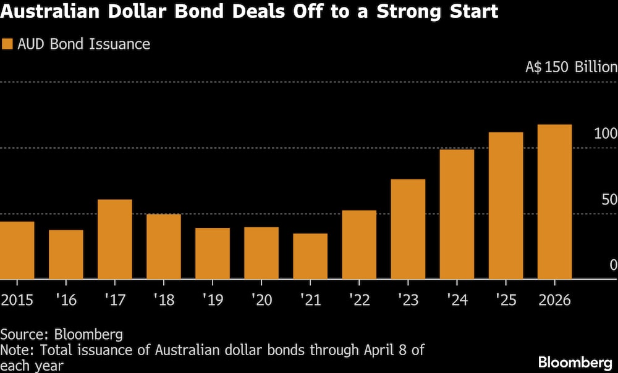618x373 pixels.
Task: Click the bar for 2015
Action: tap(17, 250)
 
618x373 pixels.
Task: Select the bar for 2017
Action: tap(115, 239)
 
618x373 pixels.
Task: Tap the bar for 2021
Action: tap(310, 256)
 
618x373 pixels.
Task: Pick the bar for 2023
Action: tap(408, 229)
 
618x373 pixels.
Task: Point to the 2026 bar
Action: tap(554, 202)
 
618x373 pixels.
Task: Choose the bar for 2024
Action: tap(457, 214)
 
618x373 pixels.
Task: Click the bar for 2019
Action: tap(213, 253)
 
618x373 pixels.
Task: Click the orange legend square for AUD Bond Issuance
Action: tap(8, 44)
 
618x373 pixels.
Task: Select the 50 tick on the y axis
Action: tap(609, 199)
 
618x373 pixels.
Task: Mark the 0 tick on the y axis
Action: tap(613, 265)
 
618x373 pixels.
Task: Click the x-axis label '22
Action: tap(359, 301)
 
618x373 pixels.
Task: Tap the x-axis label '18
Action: tap(164, 301)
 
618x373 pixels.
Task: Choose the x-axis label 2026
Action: tap(554, 301)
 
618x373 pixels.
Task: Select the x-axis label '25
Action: tap(506, 301)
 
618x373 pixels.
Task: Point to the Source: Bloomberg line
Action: tap(61, 335)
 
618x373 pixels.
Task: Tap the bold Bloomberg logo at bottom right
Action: tap(575, 362)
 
